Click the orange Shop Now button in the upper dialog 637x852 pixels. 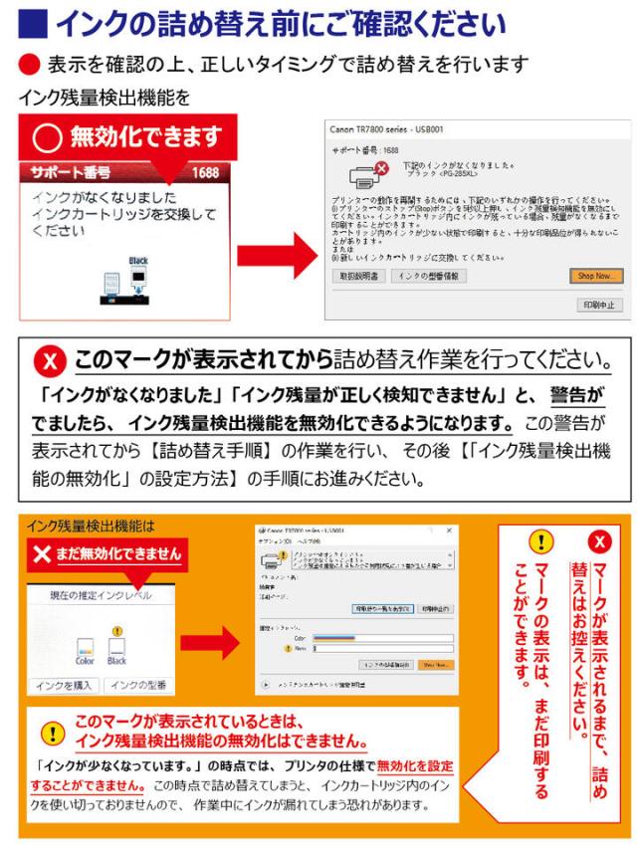[x=595, y=276]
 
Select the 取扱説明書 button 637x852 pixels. [x=360, y=276]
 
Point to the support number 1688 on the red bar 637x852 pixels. [x=205, y=171]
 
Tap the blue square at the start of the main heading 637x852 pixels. [x=32, y=21]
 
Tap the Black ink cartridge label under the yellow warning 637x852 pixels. [x=116, y=660]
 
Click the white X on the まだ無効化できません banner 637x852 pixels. [x=41, y=553]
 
